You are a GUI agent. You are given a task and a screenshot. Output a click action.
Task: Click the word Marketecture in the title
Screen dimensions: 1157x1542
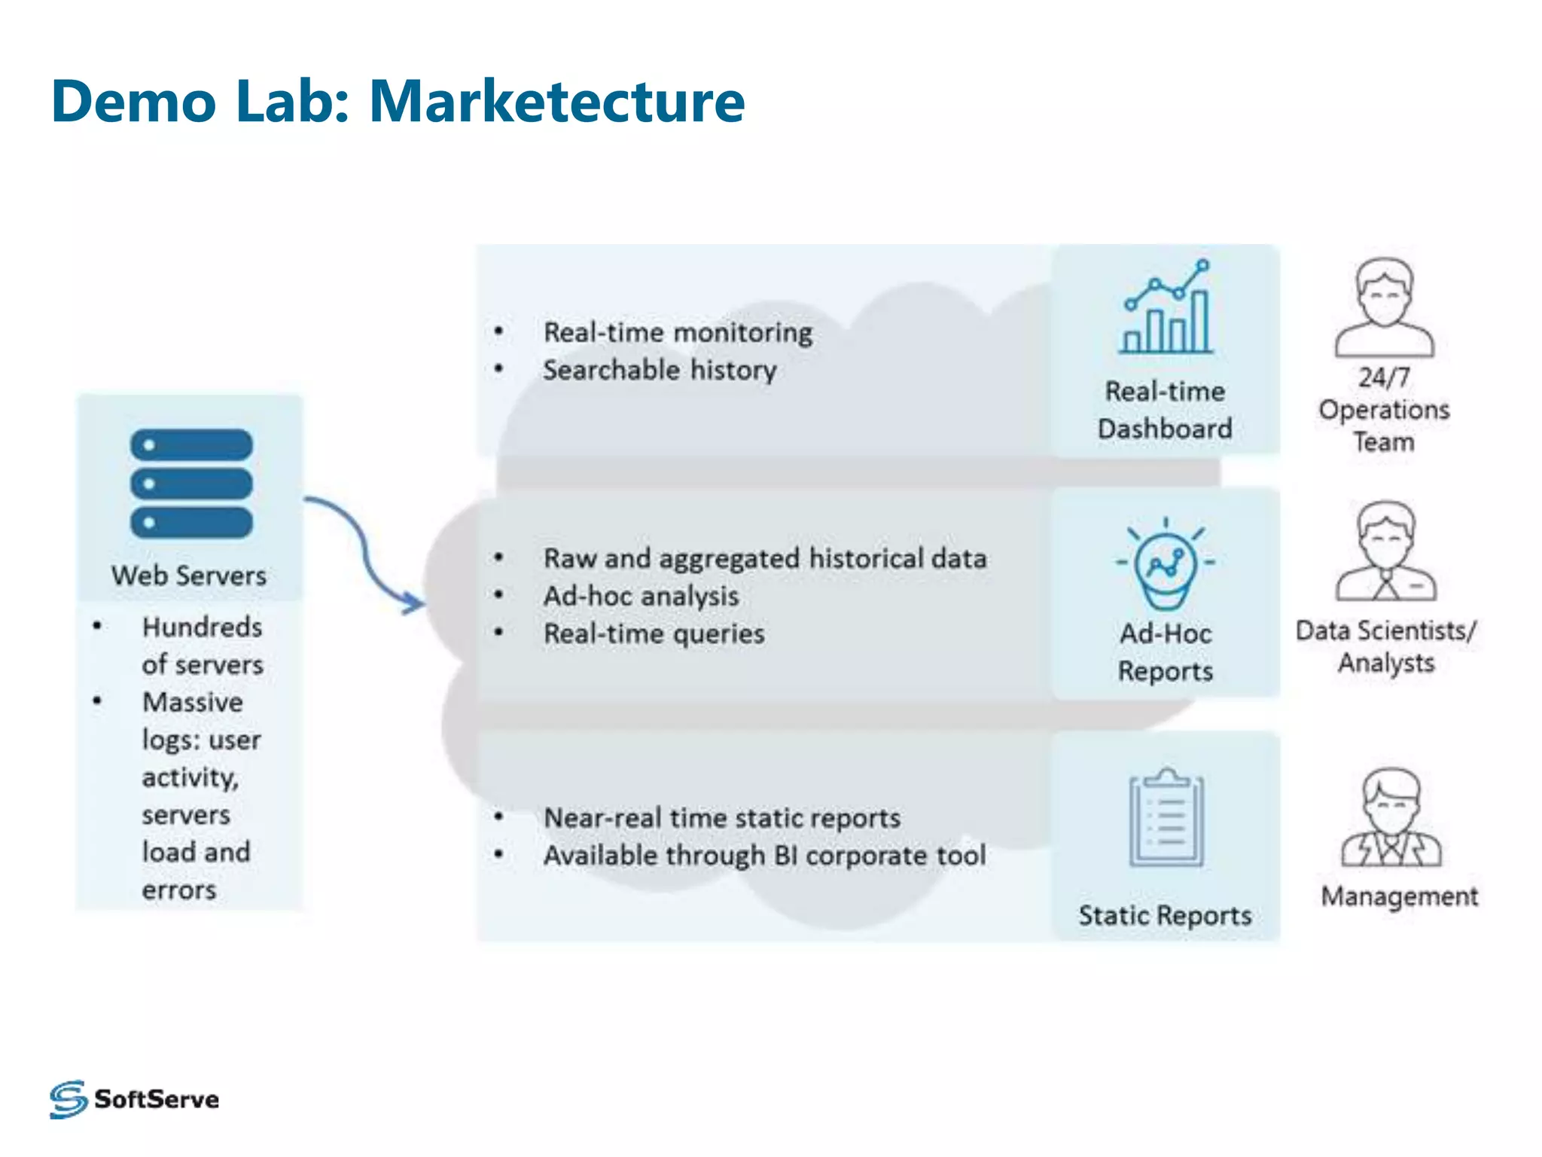pos(556,102)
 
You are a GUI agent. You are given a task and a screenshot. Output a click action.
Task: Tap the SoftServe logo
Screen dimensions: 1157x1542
pos(134,1099)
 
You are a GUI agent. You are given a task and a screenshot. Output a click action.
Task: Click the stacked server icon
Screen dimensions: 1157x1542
pos(191,484)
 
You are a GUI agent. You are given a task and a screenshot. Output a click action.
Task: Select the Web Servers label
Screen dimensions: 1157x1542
pos(189,576)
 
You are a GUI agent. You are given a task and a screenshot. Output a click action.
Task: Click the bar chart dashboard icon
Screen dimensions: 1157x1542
pos(1166,308)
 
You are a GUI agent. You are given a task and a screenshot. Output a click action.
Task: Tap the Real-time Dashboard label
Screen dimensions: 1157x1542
pos(1165,410)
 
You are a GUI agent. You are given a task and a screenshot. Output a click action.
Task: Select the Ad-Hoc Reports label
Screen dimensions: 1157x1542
pos(1166,652)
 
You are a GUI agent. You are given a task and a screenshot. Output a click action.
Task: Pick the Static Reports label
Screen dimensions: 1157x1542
pos(1165,915)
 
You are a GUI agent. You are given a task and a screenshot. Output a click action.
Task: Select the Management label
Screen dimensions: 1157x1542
pos(1400,896)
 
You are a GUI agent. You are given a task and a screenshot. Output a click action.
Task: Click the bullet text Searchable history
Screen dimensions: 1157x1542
pos(660,370)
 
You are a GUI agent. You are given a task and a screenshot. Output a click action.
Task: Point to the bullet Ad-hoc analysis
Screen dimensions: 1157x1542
pos(641,596)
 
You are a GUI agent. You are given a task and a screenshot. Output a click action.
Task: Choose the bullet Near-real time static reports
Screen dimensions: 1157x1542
pos(722,818)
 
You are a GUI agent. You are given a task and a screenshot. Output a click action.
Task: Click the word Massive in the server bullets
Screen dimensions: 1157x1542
pos(193,702)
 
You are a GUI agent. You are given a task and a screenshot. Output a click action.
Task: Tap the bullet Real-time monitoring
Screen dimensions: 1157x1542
pos(678,332)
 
